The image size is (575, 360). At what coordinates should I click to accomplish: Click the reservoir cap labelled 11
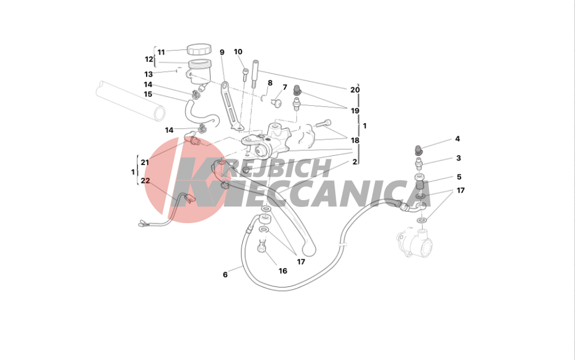pos(199,49)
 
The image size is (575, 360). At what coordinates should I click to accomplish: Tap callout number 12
pos(149,59)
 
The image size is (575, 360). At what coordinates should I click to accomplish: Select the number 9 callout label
pos(222,52)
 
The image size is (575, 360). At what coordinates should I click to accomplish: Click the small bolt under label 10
pos(246,75)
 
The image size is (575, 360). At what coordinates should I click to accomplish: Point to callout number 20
pos(355,90)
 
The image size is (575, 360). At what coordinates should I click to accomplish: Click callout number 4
pos(457,139)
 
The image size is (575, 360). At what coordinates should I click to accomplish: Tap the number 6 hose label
pos(225,274)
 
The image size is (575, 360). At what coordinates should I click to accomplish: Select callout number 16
pos(283,271)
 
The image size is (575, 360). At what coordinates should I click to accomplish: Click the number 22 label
pos(145,181)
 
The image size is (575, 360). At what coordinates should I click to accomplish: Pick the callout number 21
pos(145,162)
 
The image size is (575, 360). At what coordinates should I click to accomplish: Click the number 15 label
pos(148,94)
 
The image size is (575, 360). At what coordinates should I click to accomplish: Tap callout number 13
pos(148,74)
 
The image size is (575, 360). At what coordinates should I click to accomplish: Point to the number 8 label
pos(270,83)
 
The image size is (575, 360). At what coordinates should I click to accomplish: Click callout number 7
pos(285,87)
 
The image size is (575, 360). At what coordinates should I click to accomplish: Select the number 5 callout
pos(459,177)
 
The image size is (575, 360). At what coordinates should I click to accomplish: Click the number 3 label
pos(458,158)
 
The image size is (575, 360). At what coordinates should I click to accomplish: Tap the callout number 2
pos(355,162)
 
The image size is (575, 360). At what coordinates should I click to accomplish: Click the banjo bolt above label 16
pos(262,245)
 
